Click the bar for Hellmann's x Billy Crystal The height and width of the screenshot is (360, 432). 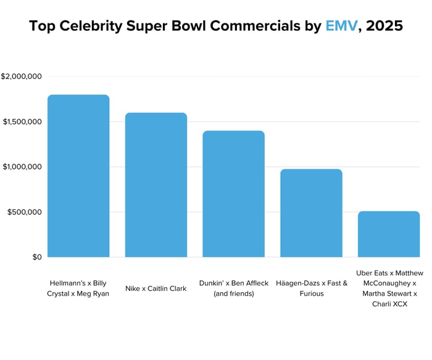pos(78,176)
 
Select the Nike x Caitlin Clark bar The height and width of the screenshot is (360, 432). pos(156,185)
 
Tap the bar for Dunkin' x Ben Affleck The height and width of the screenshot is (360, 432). pos(233,194)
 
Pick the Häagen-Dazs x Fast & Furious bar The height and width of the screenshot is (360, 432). pos(311,213)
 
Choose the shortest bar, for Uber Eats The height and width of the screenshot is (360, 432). pos(389,234)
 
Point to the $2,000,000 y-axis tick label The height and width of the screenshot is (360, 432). pos(21,77)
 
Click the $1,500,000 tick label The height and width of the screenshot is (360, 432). pos(22,122)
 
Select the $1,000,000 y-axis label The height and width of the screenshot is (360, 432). pos(22,167)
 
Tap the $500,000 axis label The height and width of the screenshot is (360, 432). pos(24,212)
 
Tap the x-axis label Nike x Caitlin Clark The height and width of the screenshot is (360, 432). pos(156,288)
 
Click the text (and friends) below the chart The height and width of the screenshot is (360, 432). pos(233,293)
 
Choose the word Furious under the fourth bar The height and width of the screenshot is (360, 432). pos(312,293)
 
